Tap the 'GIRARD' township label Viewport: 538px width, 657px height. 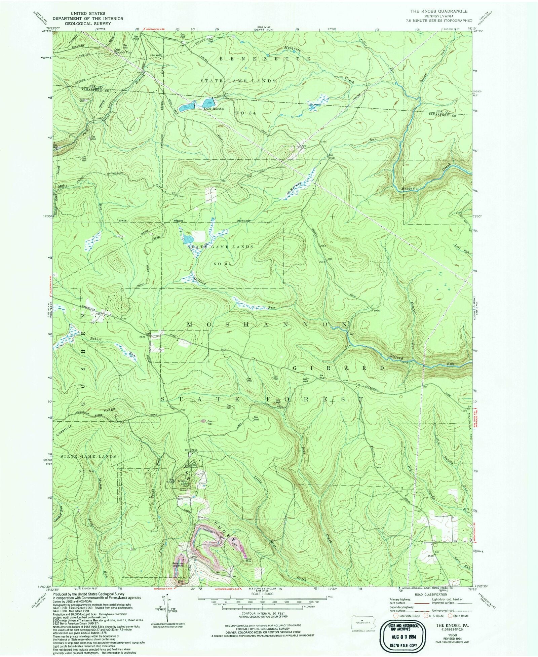[x=339, y=368]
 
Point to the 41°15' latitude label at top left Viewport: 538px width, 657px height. [x=46, y=32]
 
